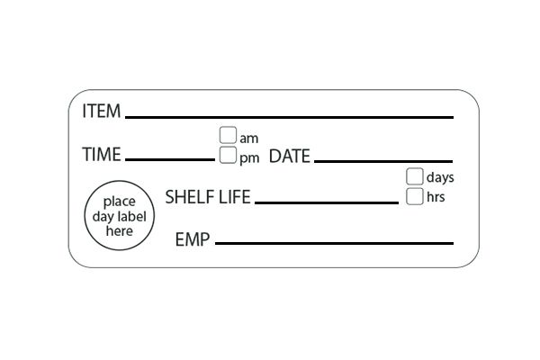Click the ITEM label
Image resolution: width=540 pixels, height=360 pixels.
coord(102,112)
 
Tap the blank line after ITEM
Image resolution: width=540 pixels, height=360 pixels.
coord(289,117)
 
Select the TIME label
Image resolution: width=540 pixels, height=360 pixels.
coord(101,155)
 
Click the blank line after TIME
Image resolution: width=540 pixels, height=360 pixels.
coord(170,159)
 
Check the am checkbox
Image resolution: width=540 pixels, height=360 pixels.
coord(227,136)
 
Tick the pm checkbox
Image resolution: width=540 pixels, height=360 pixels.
coord(227,156)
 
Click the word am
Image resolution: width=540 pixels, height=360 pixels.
coord(249,138)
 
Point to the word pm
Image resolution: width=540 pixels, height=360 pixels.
coord(249,157)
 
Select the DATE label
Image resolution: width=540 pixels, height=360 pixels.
coord(290,156)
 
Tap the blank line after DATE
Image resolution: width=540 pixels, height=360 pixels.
coord(383,160)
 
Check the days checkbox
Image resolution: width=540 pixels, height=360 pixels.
coord(414,176)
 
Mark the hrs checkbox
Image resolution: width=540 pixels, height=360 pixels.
coord(414,196)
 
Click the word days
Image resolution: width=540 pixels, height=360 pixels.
coord(439,177)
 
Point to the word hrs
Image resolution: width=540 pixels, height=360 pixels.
coord(436,197)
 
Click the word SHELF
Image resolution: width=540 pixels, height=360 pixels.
coord(188,197)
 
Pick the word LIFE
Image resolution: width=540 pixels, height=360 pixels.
coord(233,197)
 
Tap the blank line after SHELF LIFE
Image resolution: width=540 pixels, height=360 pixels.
coord(326,202)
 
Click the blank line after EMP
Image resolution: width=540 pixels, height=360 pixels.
coord(334,243)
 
